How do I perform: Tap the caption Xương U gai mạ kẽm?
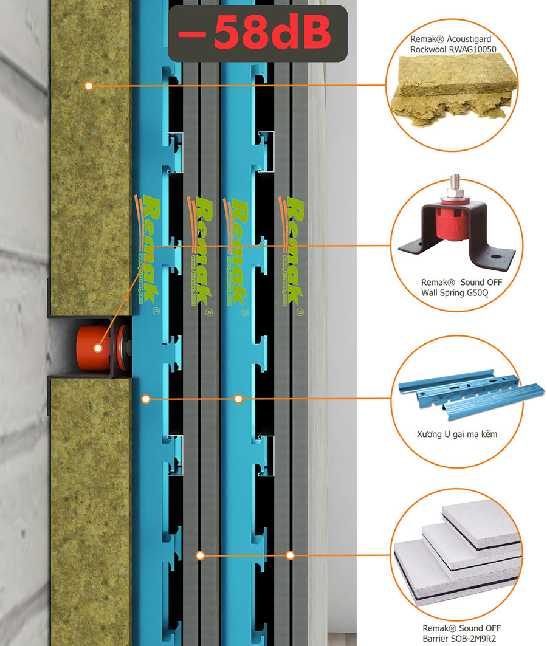[454, 435]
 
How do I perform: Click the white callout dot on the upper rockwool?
[89, 86]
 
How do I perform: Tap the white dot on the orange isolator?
[97, 349]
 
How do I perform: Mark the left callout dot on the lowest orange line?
[199, 555]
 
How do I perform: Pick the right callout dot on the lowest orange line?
[290, 555]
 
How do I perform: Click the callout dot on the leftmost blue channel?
[145, 399]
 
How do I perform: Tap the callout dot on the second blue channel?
[238, 399]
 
